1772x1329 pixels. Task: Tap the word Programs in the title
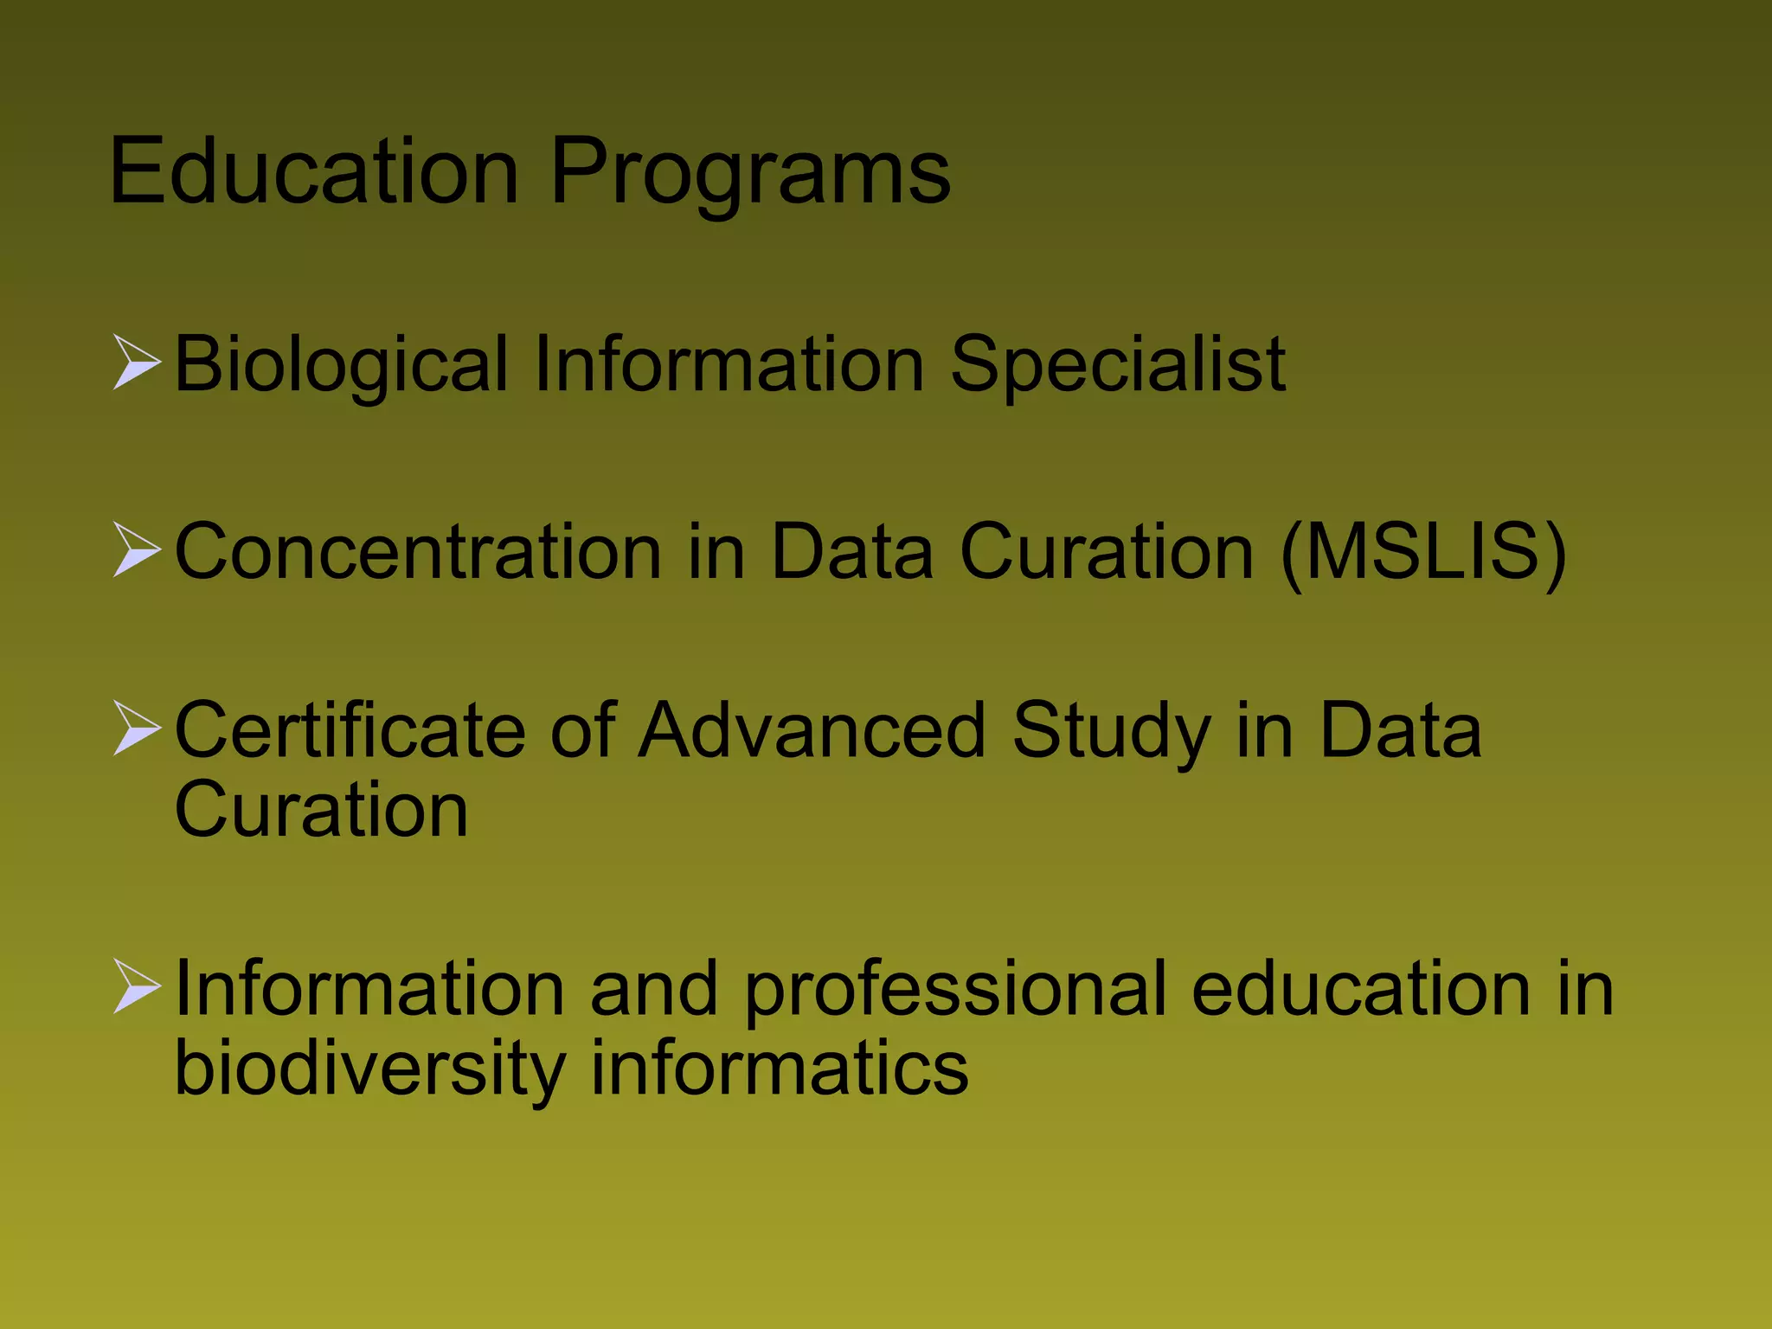tap(750, 174)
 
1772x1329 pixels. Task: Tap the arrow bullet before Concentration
tap(137, 549)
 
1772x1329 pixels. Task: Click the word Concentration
tap(418, 551)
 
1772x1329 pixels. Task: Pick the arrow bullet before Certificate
tap(137, 729)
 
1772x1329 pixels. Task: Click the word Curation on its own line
tap(321, 809)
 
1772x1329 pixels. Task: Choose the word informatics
tap(779, 1068)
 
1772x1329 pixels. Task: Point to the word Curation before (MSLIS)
tap(1107, 551)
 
